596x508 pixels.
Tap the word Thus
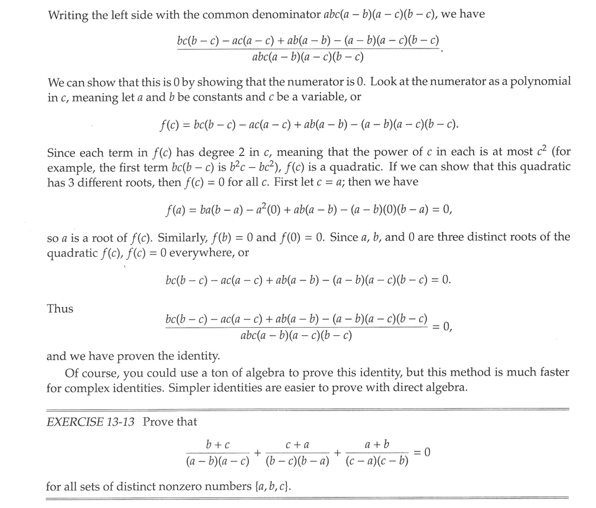(60, 309)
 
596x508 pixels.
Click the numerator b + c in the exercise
(218, 445)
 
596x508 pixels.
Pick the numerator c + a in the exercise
(297, 445)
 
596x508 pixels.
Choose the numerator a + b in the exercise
(377, 445)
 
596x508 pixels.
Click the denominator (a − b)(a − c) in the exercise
(218, 462)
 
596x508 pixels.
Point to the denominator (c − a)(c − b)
(377, 462)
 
